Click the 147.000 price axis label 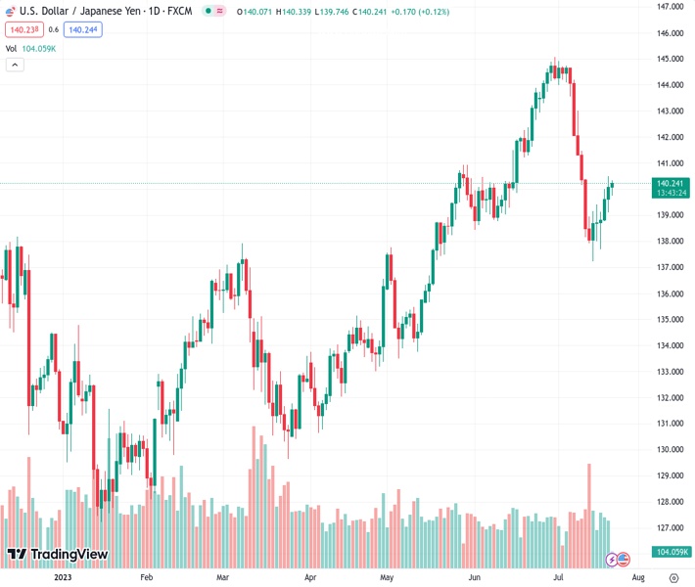click(670, 7)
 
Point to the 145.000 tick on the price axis click(670, 59)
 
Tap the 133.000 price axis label click(670, 372)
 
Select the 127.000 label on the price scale click(670, 528)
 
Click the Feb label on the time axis click(147, 577)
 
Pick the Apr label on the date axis click(310, 577)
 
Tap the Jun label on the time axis click(475, 577)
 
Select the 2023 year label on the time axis click(63, 577)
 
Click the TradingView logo click(57, 555)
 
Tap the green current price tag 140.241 click(671, 183)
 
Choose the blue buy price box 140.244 click(83, 29)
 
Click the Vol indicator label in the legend click(11, 48)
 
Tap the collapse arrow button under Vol click(15, 65)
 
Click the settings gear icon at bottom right click(673, 577)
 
